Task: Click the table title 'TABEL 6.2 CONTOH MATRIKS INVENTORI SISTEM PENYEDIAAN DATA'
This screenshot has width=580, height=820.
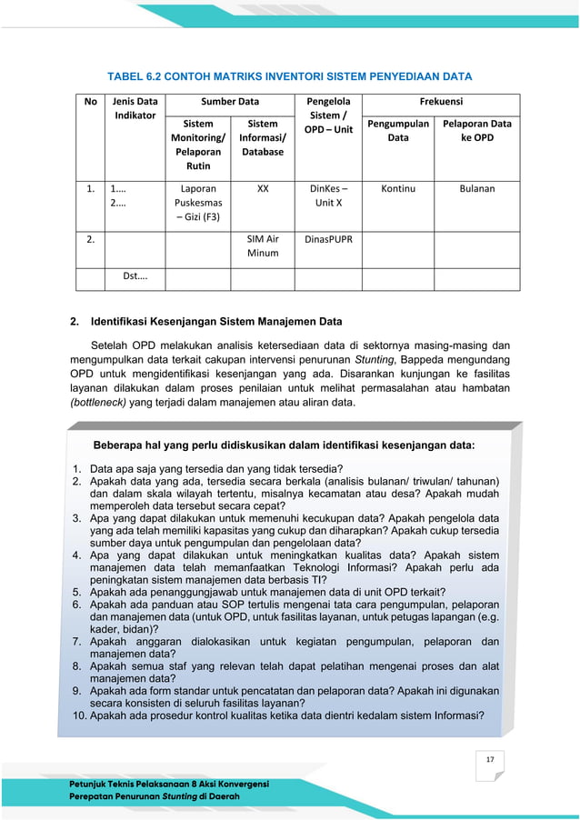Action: (x=290, y=75)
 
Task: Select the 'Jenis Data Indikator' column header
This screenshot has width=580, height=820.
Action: (x=134, y=109)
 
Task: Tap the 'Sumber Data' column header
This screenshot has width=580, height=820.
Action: (x=230, y=103)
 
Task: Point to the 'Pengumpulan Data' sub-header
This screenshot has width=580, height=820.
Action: (x=398, y=130)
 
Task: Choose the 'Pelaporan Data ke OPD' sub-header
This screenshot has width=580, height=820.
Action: (x=476, y=130)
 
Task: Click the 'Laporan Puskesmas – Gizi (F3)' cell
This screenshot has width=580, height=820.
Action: (x=198, y=203)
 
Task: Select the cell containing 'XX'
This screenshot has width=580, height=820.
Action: (x=263, y=189)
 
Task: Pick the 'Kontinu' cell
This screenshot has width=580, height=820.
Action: (x=398, y=189)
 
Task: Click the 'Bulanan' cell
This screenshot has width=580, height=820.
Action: (x=476, y=189)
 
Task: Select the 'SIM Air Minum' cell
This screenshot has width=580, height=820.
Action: (x=263, y=245)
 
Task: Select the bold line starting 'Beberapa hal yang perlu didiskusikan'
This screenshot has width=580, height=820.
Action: (x=285, y=445)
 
